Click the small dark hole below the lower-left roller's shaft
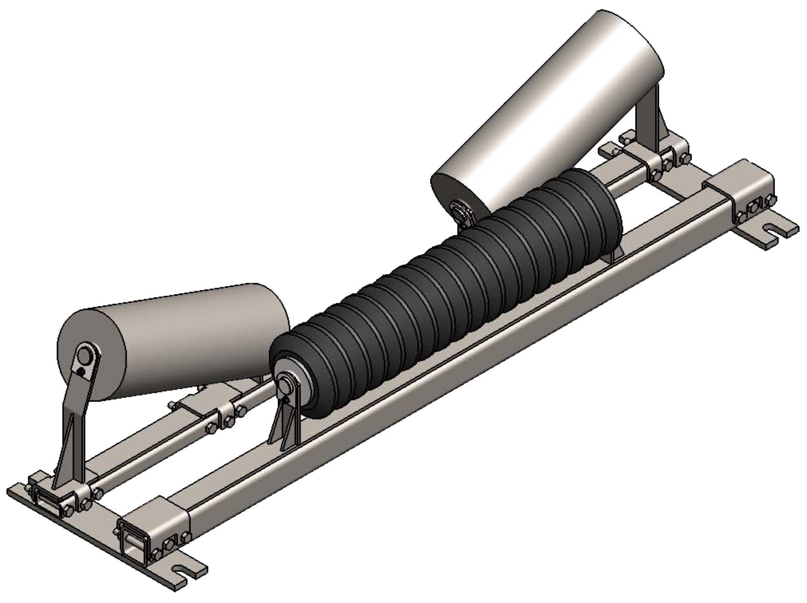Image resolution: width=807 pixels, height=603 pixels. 79,372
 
